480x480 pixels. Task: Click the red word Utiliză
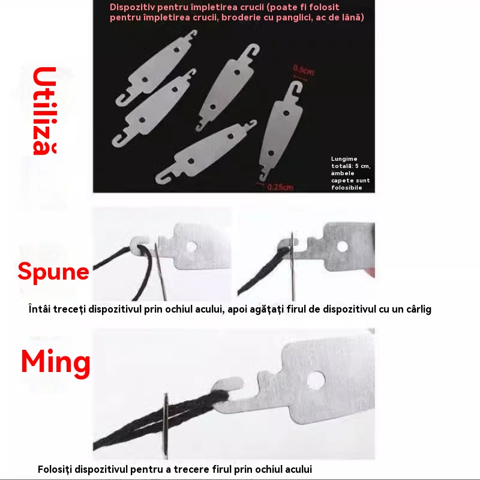coord(44,111)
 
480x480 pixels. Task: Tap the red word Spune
coord(53,272)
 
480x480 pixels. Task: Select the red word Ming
coord(55,364)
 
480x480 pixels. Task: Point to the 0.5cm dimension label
coord(303,70)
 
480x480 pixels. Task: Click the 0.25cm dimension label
coord(280,187)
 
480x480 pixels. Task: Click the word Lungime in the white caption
coord(344,158)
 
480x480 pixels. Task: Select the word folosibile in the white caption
coord(347,187)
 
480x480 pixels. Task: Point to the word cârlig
coord(419,310)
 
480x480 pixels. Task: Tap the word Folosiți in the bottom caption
coord(55,469)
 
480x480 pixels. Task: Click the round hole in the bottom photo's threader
coord(316,380)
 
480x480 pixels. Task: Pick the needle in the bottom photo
coord(166,426)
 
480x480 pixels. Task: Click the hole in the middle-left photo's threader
coord(191,247)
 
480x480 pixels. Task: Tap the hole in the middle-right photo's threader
coord(342,247)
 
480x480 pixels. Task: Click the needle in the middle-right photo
coord(293,266)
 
